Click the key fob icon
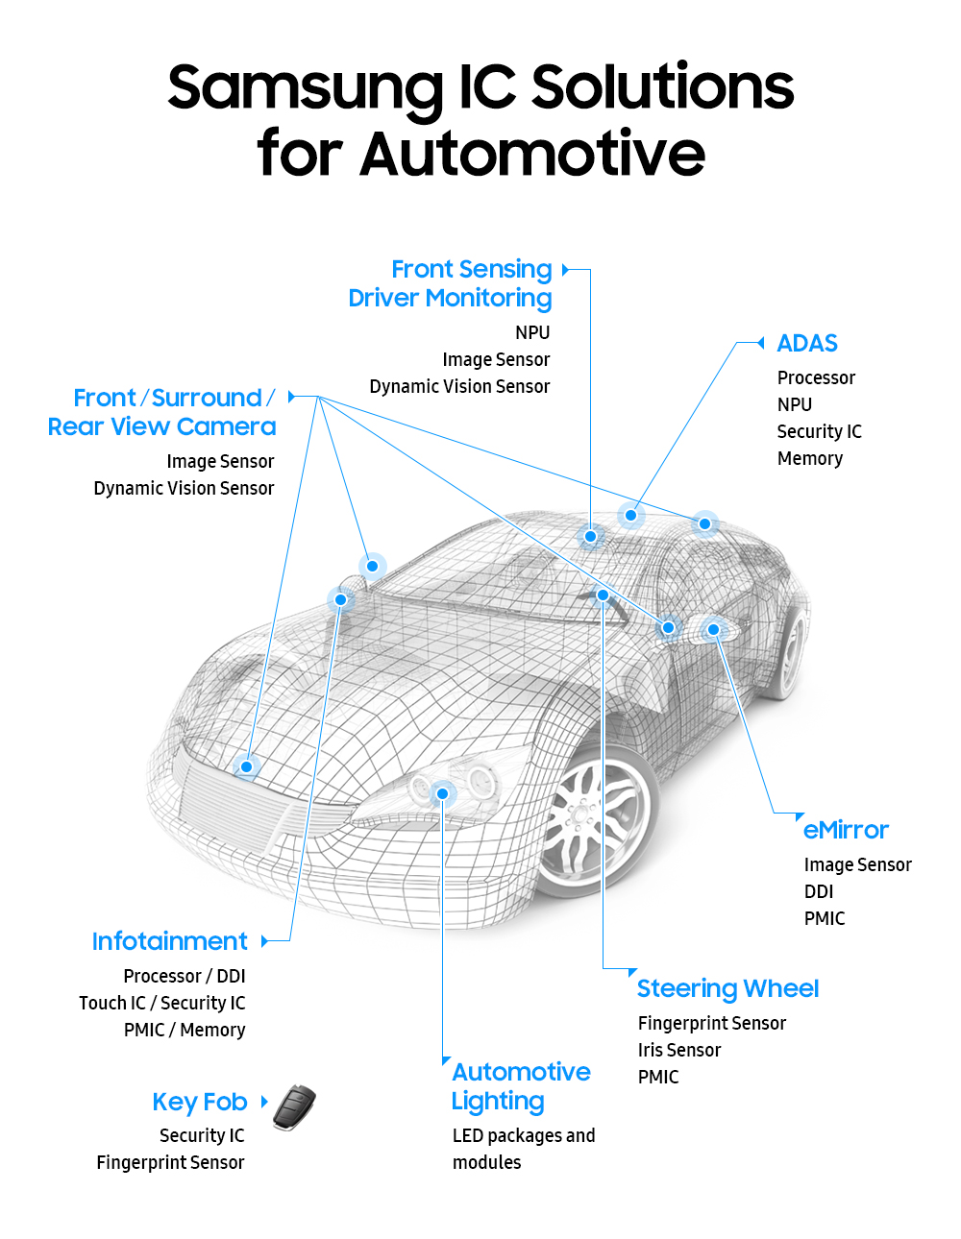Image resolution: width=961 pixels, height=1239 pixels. (294, 1107)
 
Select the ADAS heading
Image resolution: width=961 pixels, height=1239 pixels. (806, 344)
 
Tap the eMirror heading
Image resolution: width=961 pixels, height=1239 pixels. (846, 830)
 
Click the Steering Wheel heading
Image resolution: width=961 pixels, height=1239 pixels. (727, 988)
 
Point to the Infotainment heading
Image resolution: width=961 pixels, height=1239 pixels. (170, 941)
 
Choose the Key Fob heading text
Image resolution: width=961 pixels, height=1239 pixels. (200, 1102)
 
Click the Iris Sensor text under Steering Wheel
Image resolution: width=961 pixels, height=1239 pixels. (678, 1050)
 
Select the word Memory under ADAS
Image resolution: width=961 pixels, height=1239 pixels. (809, 458)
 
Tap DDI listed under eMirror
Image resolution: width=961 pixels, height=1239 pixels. (818, 891)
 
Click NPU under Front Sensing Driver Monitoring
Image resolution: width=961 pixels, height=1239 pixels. (532, 332)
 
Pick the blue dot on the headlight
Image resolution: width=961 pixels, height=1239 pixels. (442, 793)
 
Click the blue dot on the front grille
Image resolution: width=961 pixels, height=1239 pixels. (247, 766)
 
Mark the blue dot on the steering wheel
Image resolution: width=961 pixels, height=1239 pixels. (603, 595)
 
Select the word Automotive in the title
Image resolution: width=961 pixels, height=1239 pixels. (532, 154)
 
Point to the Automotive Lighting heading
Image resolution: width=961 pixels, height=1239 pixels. (521, 1086)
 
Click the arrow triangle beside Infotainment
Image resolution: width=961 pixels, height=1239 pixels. (265, 941)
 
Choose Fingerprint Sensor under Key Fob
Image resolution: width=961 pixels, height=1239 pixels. (170, 1162)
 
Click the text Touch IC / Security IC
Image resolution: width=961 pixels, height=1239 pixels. (161, 1003)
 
